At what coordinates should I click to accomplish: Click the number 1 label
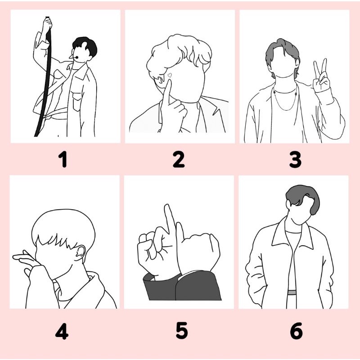(x=63, y=159)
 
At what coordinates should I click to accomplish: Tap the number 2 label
(x=179, y=159)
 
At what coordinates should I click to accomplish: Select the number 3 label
(x=295, y=159)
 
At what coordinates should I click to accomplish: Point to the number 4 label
(x=62, y=331)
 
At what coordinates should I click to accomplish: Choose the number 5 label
(x=182, y=330)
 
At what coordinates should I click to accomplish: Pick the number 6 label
(x=296, y=331)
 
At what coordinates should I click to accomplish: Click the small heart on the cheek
(x=170, y=75)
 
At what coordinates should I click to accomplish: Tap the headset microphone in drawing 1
(x=74, y=57)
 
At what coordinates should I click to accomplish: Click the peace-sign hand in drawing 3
(x=321, y=76)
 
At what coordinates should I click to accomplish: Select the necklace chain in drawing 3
(x=285, y=99)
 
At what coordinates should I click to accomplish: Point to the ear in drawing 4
(x=80, y=252)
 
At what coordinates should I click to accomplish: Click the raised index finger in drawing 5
(x=170, y=218)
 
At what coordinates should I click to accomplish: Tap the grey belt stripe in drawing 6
(x=292, y=292)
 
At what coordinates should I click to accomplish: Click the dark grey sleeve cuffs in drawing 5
(x=183, y=285)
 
